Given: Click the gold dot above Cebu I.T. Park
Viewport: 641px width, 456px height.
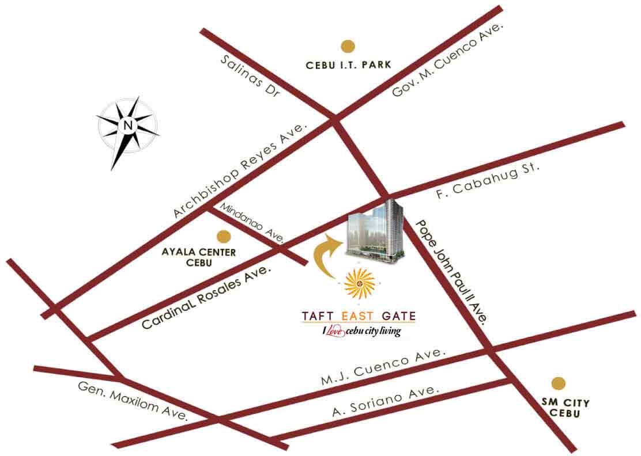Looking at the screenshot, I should point(347,46).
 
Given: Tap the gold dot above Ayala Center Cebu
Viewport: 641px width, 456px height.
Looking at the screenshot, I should point(223,236).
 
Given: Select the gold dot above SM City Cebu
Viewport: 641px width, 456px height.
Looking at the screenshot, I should point(558,383).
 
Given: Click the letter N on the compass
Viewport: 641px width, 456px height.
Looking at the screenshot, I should point(128,124).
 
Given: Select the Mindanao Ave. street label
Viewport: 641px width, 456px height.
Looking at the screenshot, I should point(250,222).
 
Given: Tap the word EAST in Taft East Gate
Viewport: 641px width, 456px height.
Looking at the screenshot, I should point(359,316).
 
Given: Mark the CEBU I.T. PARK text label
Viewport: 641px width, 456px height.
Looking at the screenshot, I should point(348,66).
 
